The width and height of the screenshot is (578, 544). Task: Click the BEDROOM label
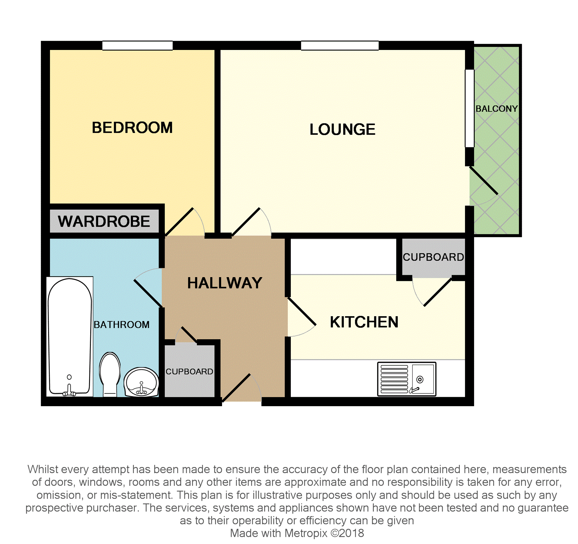click(x=132, y=128)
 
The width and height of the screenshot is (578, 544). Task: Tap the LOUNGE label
click(x=343, y=129)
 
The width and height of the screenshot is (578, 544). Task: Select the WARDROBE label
click(x=104, y=221)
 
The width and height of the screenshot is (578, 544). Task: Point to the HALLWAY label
click(x=225, y=283)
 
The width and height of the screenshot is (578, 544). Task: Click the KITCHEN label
click(x=364, y=322)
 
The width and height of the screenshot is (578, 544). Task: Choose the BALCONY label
click(x=497, y=109)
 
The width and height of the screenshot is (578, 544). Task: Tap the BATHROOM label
click(x=122, y=325)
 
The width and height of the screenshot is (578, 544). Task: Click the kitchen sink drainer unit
click(x=407, y=379)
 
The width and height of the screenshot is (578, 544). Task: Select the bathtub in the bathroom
click(x=70, y=337)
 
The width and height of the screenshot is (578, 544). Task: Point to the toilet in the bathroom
click(x=110, y=374)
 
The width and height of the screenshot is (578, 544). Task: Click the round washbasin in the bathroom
click(x=141, y=382)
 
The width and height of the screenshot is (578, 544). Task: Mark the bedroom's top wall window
click(x=138, y=46)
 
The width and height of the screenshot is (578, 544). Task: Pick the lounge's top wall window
click(x=340, y=46)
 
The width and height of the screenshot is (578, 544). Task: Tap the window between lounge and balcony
click(x=470, y=108)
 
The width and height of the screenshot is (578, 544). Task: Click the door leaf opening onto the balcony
click(x=484, y=180)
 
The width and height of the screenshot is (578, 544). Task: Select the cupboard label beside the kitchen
click(x=433, y=257)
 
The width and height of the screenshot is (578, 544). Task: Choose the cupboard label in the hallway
click(x=189, y=372)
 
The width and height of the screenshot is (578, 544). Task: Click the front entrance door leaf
click(x=236, y=388)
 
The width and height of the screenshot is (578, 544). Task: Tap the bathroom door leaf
click(x=148, y=293)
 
